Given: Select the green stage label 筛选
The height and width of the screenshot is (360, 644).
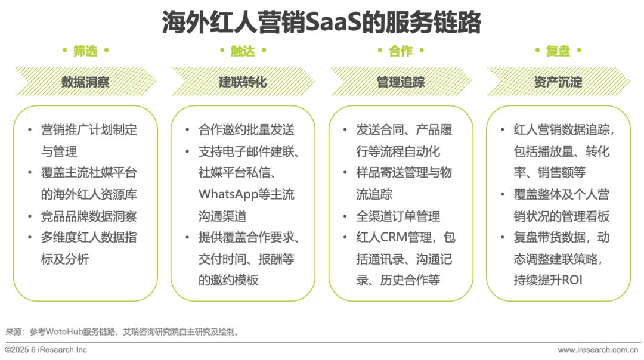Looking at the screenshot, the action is (x=85, y=51).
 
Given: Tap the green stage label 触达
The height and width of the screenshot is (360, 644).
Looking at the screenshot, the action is (x=243, y=51).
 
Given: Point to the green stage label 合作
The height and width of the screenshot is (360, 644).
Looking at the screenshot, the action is (x=401, y=51).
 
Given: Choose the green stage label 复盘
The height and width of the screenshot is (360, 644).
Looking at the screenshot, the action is (x=558, y=51).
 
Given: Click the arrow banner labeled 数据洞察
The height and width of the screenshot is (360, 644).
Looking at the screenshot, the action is (x=85, y=82).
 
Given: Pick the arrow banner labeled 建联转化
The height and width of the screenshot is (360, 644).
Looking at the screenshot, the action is (x=243, y=82).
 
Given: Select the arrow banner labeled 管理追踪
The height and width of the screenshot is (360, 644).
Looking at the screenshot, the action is (x=401, y=82).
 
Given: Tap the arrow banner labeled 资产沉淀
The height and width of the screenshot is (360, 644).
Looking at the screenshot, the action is (x=558, y=82).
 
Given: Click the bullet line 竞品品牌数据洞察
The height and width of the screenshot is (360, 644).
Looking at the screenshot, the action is (x=89, y=216).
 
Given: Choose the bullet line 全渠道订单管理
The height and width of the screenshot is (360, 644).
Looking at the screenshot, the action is (x=398, y=216).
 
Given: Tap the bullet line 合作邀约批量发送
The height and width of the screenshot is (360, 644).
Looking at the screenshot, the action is (x=246, y=130).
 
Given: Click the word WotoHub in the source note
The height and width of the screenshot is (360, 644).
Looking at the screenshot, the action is (x=64, y=331).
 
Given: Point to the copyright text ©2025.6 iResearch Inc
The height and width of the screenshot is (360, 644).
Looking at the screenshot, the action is (x=46, y=350).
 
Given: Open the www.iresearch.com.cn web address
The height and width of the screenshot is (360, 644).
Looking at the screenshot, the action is (x=597, y=350).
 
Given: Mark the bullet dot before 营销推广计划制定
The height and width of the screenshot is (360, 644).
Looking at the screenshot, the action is (x=30, y=130).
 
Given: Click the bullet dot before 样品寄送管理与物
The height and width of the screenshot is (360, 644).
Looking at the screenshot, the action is (x=345, y=173).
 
